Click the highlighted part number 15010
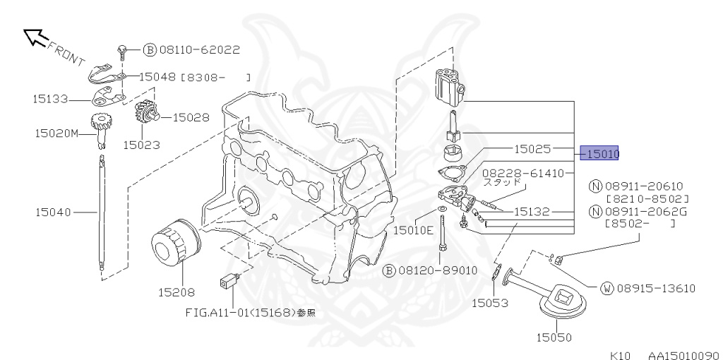599,153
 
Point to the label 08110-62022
200,50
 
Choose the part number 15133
50,100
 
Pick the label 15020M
56,132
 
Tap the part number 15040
54,211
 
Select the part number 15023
141,145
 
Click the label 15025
532,149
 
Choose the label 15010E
413,229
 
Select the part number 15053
490,303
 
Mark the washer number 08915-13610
657,288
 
